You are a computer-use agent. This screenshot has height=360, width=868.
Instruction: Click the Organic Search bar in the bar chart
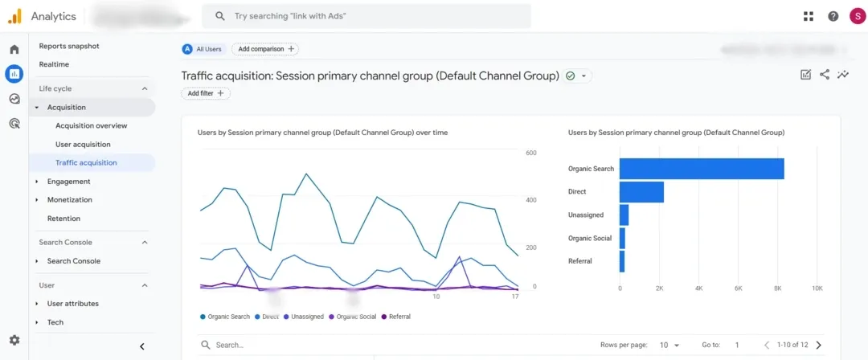click(701, 169)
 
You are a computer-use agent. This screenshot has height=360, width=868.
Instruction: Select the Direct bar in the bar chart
click(641, 192)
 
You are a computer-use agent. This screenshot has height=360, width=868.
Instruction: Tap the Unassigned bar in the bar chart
click(624, 215)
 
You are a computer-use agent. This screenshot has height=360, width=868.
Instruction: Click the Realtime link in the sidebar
click(54, 64)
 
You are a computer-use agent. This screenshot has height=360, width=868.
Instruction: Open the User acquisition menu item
click(83, 145)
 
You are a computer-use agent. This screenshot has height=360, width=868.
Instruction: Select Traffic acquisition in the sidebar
click(86, 163)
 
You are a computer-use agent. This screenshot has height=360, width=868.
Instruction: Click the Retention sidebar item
click(63, 219)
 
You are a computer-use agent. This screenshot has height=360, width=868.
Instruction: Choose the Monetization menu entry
click(70, 200)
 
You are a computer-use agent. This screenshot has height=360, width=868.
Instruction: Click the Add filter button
click(206, 93)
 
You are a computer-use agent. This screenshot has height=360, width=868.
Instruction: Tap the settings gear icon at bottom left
click(14, 341)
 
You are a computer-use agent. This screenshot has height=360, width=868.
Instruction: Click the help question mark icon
click(833, 16)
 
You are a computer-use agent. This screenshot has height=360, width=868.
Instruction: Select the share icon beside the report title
click(825, 75)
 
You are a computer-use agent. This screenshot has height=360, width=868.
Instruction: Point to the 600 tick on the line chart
click(530, 153)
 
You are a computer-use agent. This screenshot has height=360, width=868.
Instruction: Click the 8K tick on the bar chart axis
click(777, 288)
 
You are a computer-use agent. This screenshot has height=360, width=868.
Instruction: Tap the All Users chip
click(203, 49)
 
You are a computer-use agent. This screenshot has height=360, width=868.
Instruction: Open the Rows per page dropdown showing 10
click(669, 345)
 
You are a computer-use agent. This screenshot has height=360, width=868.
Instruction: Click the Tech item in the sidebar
click(55, 322)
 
